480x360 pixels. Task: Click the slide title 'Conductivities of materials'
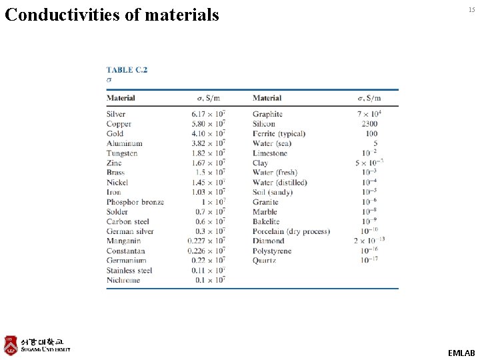(x=112, y=14)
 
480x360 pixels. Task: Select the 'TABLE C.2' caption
(x=127, y=69)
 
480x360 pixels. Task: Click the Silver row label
(x=116, y=114)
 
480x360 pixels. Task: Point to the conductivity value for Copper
(x=208, y=124)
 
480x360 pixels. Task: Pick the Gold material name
(x=115, y=133)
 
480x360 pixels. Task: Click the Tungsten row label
(x=122, y=153)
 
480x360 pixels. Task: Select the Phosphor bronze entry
(x=135, y=202)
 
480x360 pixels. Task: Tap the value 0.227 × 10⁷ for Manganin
(x=206, y=241)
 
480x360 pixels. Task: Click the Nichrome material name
(x=123, y=280)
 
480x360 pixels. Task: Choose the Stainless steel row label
(x=129, y=271)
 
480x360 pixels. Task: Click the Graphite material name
(x=267, y=114)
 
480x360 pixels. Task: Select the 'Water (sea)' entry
(x=272, y=143)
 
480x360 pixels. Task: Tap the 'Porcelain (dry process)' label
(x=291, y=231)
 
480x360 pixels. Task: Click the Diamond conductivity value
(x=369, y=241)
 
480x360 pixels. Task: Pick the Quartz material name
(x=264, y=261)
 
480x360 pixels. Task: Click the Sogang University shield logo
(x=11, y=345)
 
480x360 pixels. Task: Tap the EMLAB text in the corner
(x=461, y=353)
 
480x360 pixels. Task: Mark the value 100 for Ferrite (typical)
(x=371, y=133)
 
